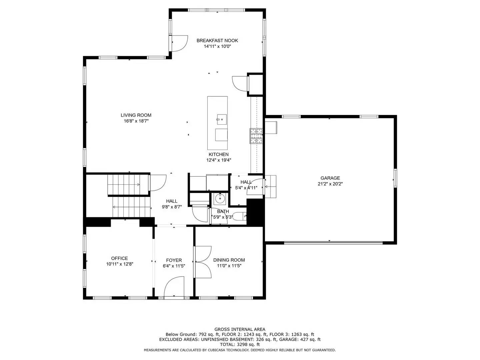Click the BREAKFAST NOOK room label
pos(217,41)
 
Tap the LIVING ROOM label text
pos(136,115)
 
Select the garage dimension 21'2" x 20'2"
pos(330,184)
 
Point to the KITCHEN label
pos(218,154)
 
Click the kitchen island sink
pos(221,119)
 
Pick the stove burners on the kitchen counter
pos(256,136)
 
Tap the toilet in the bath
pos(239,217)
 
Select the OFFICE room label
pos(119,258)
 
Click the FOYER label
pos(174,260)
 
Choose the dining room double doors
pos(203,262)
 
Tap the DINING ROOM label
pos(229,260)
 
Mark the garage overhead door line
pos(333,242)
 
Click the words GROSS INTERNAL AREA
pos(240,329)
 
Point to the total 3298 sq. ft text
pos(240,344)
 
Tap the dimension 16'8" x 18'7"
pos(136,121)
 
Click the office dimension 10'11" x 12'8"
pos(120,264)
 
